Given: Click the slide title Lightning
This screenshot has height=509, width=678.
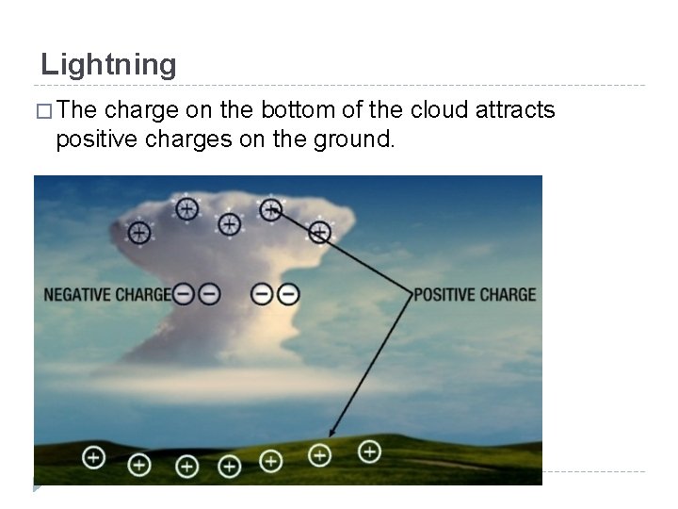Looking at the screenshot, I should tap(108, 65).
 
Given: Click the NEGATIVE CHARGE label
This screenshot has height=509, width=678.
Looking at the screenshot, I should tap(107, 294).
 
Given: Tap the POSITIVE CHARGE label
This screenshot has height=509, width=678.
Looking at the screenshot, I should tap(475, 294).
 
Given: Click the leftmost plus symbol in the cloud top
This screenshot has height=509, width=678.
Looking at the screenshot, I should tap(139, 231).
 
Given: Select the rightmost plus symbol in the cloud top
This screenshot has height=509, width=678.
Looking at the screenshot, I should tap(320, 231).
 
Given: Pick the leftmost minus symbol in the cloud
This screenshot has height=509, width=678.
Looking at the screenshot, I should tap(185, 294).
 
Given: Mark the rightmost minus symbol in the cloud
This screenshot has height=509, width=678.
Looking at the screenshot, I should tap(288, 294).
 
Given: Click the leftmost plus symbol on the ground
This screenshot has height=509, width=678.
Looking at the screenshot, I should tap(93, 457).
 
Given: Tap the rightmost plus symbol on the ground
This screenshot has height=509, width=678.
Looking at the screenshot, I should tap(370, 452).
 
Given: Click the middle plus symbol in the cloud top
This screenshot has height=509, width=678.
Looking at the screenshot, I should tap(229, 223).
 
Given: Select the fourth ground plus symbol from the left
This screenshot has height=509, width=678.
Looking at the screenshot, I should tap(229, 465).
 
